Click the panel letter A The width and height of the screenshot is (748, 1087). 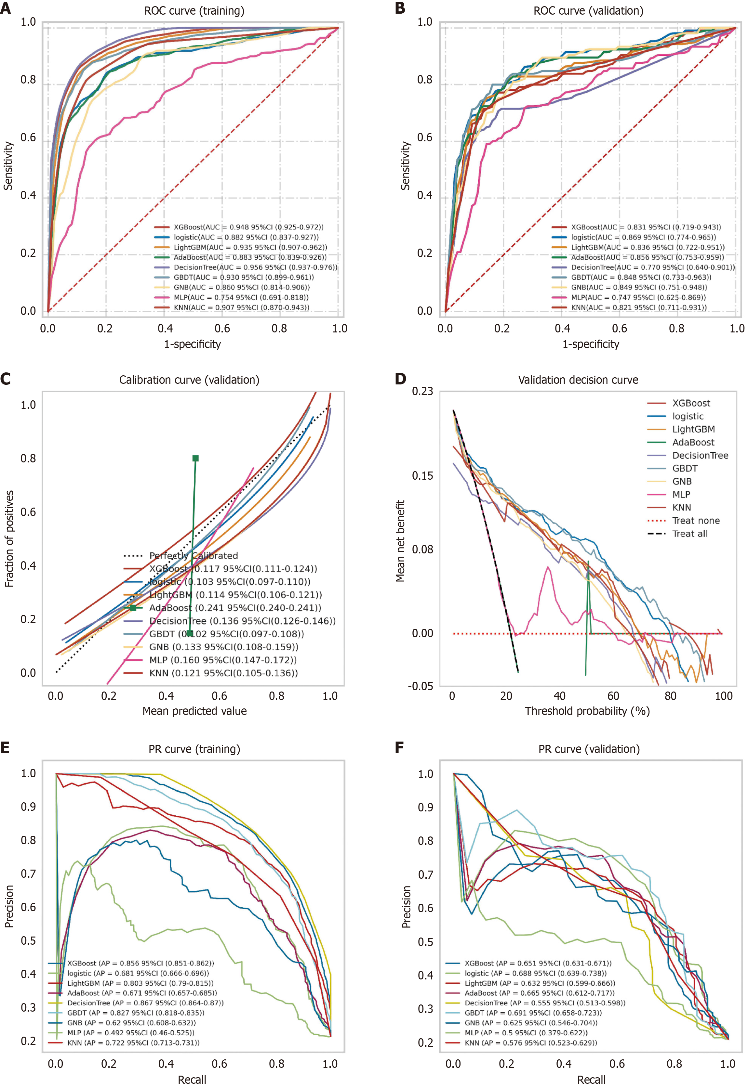[6, 8]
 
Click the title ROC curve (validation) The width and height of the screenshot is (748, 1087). [588, 11]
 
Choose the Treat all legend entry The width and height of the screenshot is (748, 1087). [689, 534]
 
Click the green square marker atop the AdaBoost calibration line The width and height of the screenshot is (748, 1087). [195, 458]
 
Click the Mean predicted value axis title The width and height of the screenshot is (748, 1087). [194, 711]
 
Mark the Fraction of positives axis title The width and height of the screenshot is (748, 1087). [9, 538]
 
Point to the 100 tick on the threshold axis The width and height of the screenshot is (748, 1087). [723, 696]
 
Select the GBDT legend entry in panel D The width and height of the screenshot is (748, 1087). [684, 468]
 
